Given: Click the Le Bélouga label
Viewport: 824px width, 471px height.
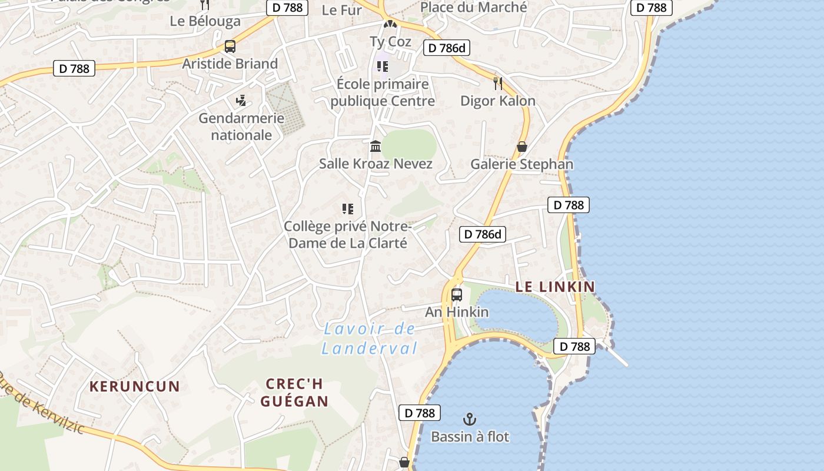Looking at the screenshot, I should [205, 21].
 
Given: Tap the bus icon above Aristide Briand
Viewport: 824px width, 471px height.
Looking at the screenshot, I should [230, 47].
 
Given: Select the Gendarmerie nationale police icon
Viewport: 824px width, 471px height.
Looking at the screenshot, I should [241, 101].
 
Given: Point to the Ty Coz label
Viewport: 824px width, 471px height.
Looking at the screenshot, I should [390, 41].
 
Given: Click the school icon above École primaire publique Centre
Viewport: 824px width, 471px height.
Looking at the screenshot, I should [383, 67].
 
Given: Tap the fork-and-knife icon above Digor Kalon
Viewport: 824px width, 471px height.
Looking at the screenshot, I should [498, 83].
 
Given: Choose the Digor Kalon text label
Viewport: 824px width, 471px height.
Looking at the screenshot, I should [498, 101].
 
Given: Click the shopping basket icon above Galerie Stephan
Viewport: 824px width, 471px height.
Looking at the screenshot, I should [521, 147].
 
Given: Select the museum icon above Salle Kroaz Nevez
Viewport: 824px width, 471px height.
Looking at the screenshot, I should [376, 146].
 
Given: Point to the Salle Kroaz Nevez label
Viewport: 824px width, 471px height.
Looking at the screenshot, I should [376, 164].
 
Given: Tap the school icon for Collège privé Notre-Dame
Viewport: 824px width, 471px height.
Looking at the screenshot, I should [348, 209].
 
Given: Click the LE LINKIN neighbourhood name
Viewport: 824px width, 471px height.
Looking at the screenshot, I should [555, 287].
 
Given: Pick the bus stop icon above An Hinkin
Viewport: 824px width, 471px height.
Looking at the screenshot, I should [457, 294].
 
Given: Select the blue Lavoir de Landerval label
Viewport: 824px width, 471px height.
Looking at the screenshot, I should [370, 339].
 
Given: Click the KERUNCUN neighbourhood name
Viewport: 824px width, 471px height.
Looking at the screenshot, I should [135, 387].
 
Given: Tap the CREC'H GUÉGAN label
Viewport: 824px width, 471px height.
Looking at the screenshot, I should [294, 393].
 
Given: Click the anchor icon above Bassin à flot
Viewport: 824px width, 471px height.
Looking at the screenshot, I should [470, 419].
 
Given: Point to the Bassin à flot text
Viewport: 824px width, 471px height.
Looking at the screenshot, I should [470, 437].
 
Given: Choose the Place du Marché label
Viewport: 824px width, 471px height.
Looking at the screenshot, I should [474, 8].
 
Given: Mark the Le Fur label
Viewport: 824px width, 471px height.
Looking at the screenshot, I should [342, 10].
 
